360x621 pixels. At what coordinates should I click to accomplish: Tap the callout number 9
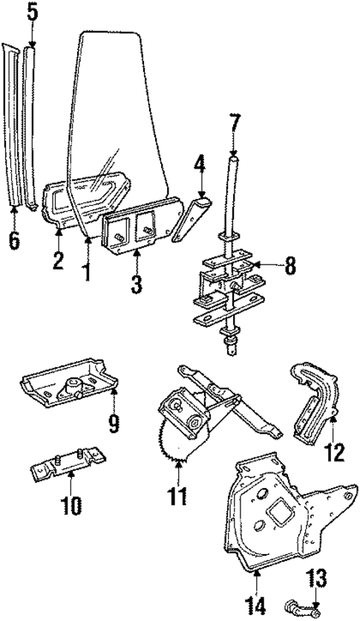[x=113, y=423]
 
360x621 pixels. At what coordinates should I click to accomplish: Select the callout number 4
[x=198, y=162]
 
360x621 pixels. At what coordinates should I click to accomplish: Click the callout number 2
[x=59, y=261]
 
